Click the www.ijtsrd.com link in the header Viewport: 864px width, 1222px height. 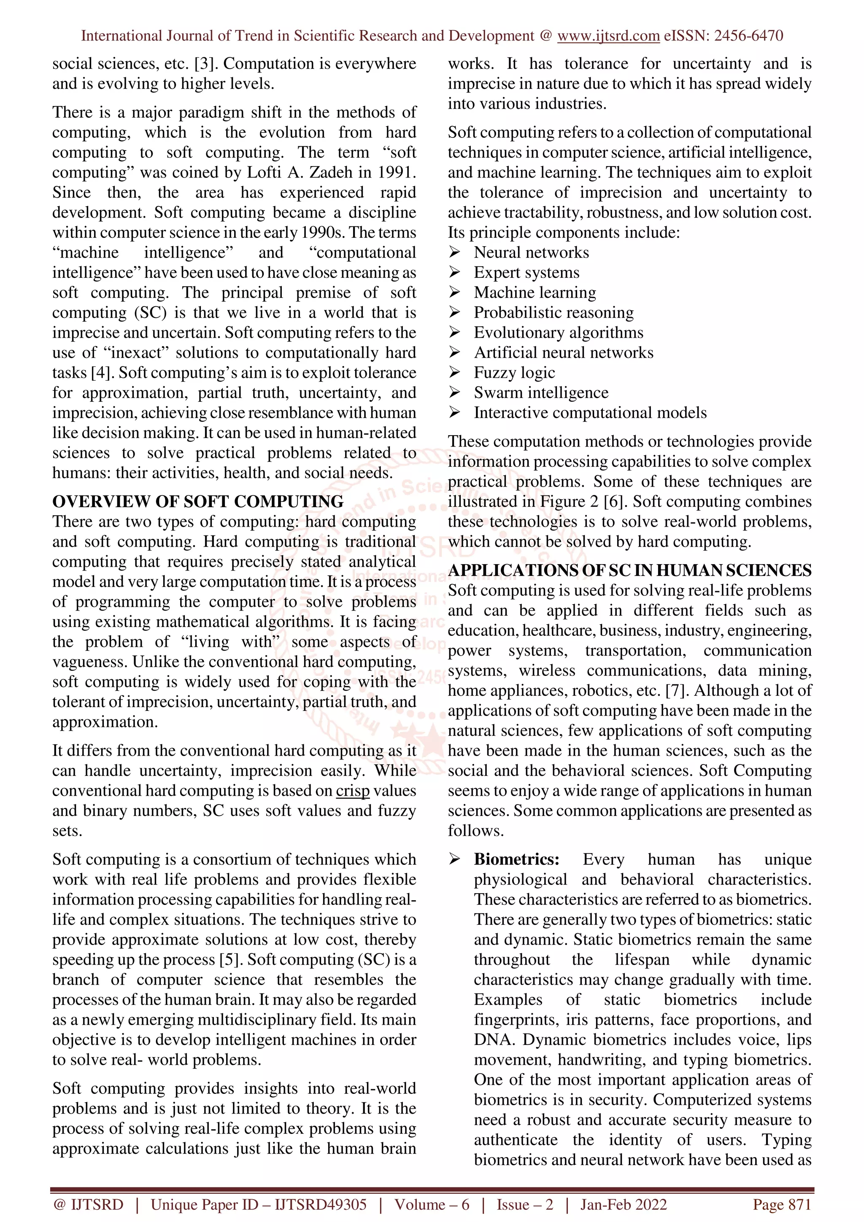point(608,36)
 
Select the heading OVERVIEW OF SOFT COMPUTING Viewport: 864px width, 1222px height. point(197,501)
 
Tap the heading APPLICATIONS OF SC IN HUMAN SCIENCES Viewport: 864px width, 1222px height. point(629,570)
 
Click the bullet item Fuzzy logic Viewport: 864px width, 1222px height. point(514,373)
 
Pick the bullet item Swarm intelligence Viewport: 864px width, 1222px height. point(540,393)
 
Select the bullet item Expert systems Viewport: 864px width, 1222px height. point(526,272)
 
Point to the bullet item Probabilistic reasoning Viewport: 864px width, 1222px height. point(553,312)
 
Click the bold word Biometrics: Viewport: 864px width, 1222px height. point(516,859)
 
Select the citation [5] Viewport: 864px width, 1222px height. point(231,960)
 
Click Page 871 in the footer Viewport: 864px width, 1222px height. point(781,1204)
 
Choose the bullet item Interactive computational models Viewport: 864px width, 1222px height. point(590,413)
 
